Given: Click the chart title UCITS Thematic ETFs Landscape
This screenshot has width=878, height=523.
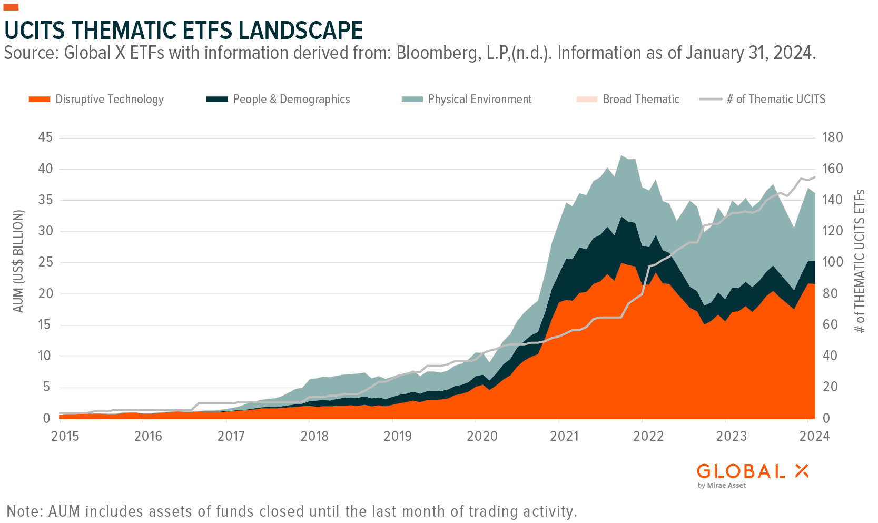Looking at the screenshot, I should (183, 31).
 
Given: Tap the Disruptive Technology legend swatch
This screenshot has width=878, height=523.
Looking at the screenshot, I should (39, 99).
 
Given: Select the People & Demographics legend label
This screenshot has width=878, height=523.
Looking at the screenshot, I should (291, 99).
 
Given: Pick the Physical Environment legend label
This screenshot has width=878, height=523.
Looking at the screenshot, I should (479, 99).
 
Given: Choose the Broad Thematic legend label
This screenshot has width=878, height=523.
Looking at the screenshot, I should (641, 99).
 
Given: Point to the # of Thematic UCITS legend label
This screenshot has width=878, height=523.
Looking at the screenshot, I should (776, 99).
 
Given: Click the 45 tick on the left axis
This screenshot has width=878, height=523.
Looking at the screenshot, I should (46, 137).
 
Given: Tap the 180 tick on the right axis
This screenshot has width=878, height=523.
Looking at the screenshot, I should (832, 137).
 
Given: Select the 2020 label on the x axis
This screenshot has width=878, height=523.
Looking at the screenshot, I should (482, 436).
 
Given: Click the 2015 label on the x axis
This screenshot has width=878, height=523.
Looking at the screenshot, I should (65, 436).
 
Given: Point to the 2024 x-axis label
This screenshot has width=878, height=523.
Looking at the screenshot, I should (814, 436).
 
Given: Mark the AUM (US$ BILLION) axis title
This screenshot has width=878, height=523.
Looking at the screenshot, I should (18, 261).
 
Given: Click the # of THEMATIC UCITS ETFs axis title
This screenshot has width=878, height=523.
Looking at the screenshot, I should (860, 261).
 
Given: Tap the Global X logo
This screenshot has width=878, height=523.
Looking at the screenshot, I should (752, 471).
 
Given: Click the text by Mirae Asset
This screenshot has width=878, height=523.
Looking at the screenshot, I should (721, 486).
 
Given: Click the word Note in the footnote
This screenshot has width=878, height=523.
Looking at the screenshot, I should (25, 511).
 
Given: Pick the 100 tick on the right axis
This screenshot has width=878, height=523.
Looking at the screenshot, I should (832, 262).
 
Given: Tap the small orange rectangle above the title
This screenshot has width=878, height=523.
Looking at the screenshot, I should (11, 7).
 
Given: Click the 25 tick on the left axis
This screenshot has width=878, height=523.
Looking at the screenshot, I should (46, 262).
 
